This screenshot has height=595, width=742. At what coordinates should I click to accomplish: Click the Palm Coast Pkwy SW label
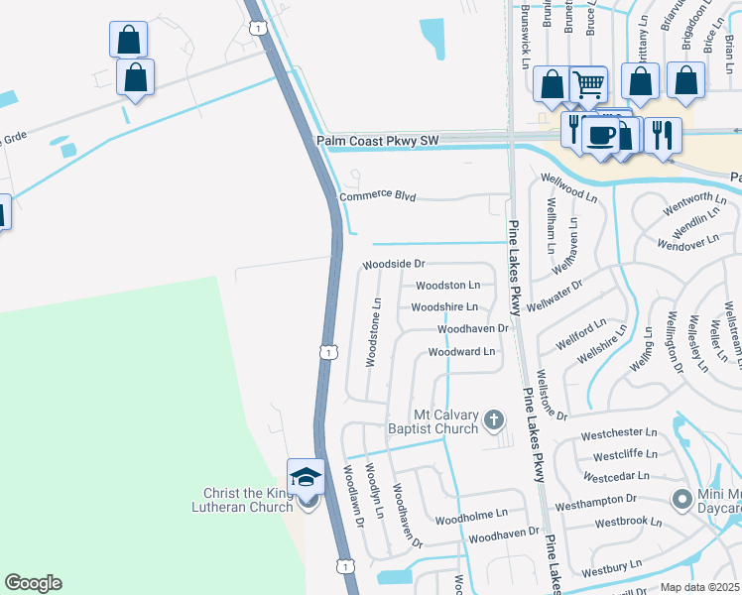377,142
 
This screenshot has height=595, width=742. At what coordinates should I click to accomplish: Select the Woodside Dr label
393,265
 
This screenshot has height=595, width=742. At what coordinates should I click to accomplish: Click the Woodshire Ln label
444,307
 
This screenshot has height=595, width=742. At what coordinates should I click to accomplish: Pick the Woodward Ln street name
460,352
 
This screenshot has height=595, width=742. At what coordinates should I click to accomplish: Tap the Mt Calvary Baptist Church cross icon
493,422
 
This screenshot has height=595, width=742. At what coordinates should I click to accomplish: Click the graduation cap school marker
307,477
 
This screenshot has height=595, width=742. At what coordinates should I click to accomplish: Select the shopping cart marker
589,85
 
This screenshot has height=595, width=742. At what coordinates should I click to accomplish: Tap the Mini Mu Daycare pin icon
681,499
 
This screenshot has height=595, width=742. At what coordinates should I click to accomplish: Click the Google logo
33,583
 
